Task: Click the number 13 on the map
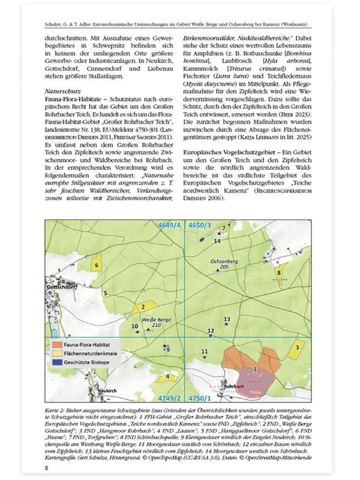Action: click(x=226, y=319)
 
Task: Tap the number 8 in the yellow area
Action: click(x=278, y=273)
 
